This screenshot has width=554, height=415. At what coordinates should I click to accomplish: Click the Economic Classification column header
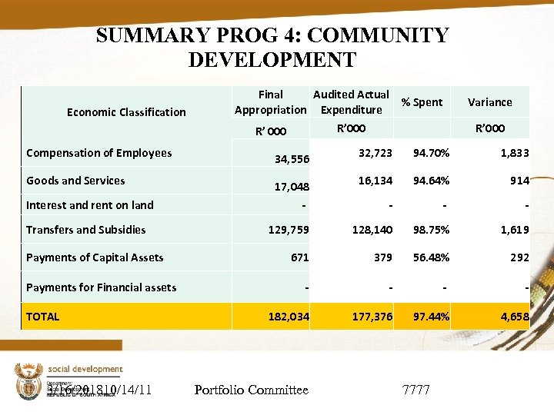(x=126, y=112)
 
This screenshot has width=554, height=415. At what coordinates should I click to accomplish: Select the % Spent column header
(x=422, y=102)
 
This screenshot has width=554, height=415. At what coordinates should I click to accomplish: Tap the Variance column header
(x=489, y=102)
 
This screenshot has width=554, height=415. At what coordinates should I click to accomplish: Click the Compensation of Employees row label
(x=99, y=153)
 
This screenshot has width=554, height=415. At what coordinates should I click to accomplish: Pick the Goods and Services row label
(x=75, y=181)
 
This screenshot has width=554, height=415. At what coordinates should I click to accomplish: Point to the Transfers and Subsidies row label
(x=86, y=230)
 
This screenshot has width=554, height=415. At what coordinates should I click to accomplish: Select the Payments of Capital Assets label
(x=95, y=257)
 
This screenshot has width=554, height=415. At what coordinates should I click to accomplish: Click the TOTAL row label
(x=43, y=316)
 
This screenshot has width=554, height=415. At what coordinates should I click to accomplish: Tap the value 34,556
(x=292, y=160)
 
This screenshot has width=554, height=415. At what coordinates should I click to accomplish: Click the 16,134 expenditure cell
(x=375, y=181)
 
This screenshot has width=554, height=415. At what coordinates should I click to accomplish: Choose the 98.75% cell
(x=431, y=230)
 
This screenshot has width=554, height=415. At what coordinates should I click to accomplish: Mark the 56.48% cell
(x=431, y=257)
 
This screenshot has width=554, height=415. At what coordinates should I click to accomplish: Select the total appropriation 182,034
(x=289, y=317)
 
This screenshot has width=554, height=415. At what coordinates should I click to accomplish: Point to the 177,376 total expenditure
(x=372, y=317)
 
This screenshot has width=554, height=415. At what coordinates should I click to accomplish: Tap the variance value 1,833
(x=514, y=153)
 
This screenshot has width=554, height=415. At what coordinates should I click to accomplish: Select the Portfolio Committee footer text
(x=251, y=390)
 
